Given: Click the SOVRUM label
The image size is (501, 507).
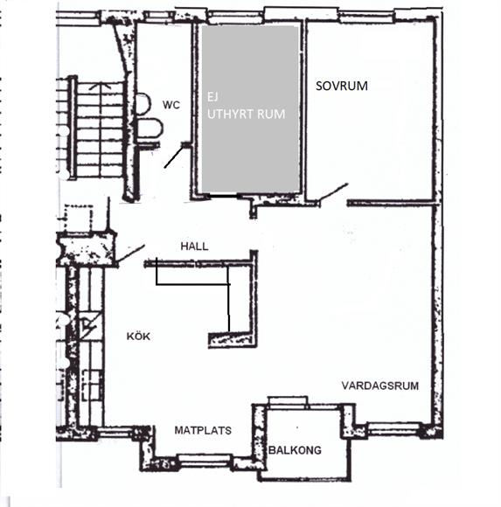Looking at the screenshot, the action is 342,86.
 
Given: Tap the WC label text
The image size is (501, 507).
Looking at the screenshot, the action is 171,105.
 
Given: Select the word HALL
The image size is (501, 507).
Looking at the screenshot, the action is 194,247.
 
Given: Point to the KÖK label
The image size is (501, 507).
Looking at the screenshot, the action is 138,337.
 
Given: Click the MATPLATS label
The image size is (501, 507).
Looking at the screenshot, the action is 203,430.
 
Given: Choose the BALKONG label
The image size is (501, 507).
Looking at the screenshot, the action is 295,450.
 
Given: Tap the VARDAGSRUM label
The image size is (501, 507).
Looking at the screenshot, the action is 380,385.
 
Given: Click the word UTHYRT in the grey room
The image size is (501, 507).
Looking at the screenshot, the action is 230,115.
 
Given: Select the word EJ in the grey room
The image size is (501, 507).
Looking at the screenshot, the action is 212,97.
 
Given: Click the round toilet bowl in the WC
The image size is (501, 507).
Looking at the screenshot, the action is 144,104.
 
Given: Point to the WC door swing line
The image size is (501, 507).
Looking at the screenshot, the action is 173,156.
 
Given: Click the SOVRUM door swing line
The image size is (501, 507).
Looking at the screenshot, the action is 333,192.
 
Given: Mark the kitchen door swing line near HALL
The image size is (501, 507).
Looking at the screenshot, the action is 130,253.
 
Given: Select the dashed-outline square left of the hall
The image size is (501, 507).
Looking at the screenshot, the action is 79,219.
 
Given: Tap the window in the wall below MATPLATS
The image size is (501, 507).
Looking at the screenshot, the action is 205,459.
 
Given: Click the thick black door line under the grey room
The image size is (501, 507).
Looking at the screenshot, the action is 224,196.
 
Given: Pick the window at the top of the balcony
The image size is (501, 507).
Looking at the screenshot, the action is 288,401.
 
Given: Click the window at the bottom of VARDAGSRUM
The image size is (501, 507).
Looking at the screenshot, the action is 393,429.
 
